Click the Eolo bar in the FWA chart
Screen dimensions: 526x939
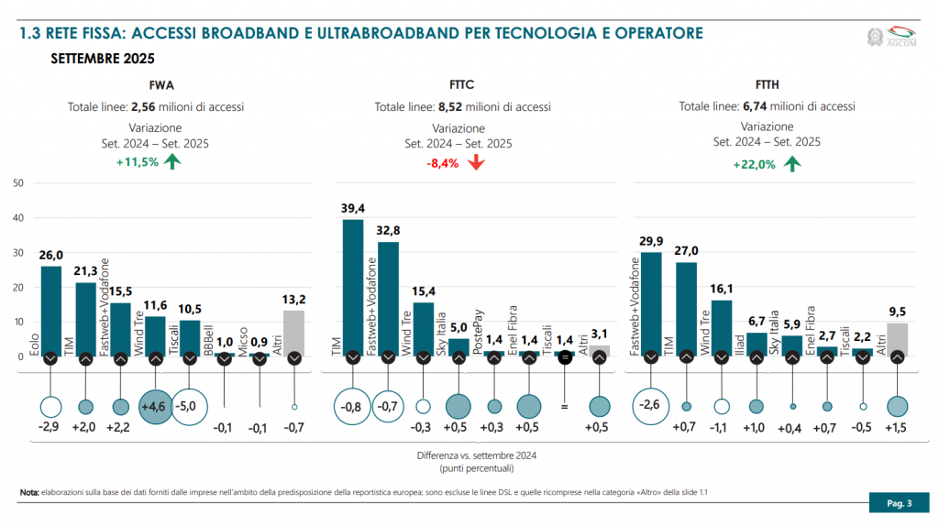click(51, 310)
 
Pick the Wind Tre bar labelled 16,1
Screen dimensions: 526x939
click(722, 327)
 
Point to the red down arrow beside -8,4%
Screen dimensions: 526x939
click(475, 163)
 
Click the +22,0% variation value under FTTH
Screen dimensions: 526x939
click(754, 165)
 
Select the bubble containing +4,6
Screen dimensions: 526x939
click(155, 406)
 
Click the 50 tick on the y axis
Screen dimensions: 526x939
click(18, 183)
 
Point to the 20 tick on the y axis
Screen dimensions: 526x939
click(18, 287)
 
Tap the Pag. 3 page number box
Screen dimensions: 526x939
click(898, 503)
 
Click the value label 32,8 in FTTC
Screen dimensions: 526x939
click(387, 231)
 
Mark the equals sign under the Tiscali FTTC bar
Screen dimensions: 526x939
click(565, 406)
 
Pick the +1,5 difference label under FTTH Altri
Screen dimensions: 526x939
click(898, 428)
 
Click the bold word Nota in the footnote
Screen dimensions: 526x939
click(29, 494)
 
